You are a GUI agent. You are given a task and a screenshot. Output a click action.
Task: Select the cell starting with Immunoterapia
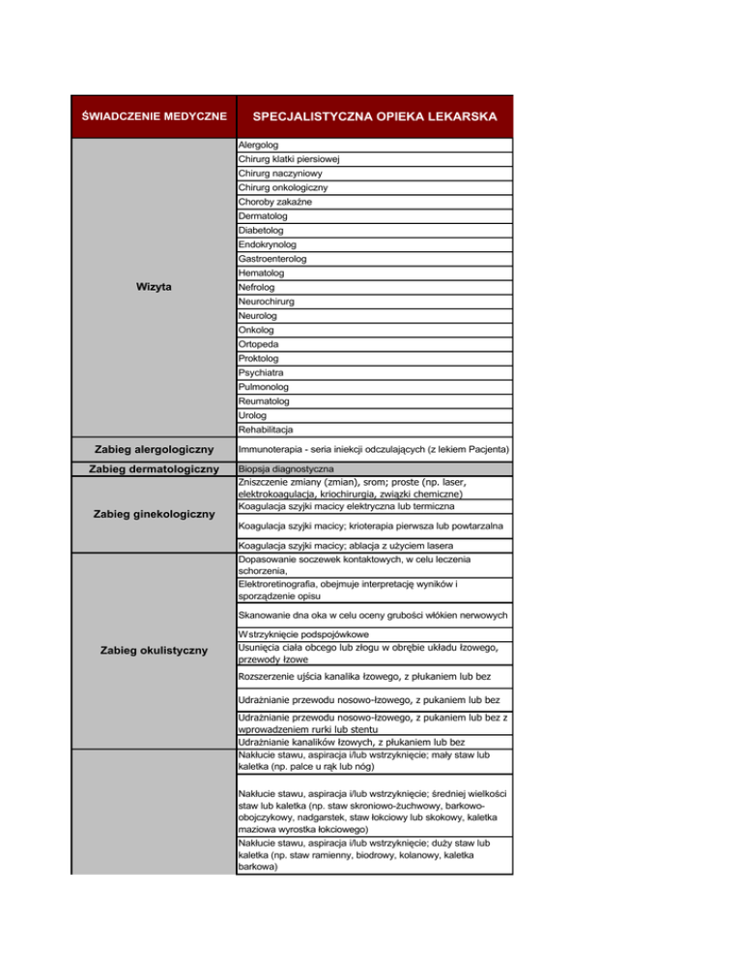point(373,449)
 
